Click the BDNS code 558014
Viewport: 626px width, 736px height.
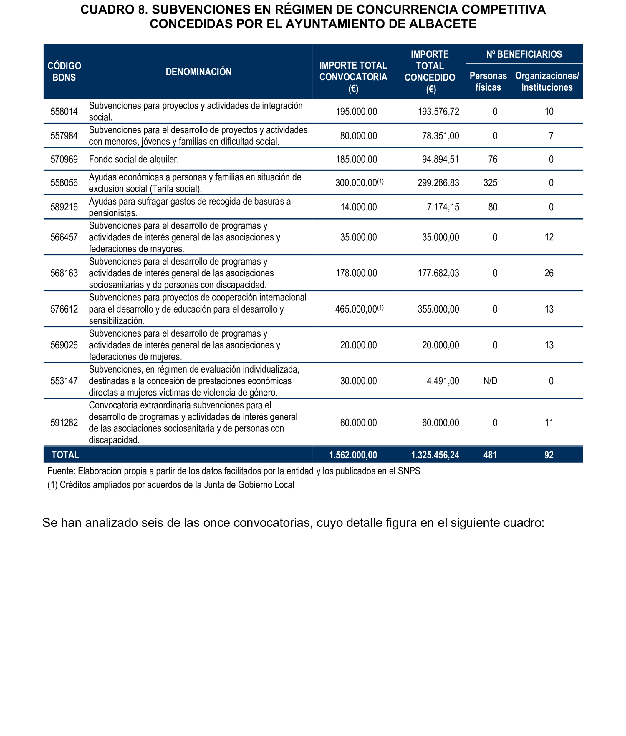click(64, 112)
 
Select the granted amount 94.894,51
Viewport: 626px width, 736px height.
click(440, 159)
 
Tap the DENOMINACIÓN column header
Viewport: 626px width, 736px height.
click(198, 72)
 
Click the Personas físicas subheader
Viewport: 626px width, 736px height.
click(488, 82)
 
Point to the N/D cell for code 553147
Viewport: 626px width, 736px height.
click(490, 381)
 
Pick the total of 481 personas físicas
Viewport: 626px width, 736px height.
click(490, 455)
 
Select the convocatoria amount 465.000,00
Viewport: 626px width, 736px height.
click(356, 309)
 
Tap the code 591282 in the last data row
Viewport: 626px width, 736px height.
click(64, 423)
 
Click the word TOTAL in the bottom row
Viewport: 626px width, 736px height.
click(65, 455)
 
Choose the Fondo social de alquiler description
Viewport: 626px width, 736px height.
click(133, 159)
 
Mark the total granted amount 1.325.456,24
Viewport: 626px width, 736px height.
click(435, 455)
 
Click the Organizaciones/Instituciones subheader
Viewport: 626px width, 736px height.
click(547, 82)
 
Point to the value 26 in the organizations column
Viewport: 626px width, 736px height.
click(549, 273)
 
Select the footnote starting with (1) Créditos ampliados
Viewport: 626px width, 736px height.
click(171, 485)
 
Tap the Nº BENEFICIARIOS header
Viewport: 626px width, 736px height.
click(524, 54)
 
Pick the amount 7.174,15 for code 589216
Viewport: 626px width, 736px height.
click(443, 207)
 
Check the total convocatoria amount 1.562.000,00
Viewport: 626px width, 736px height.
click(353, 455)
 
